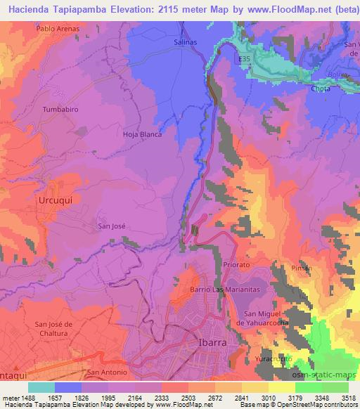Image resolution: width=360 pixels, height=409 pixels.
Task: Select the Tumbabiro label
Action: (x=58, y=110)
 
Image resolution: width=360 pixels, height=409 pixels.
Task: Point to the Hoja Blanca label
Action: (x=142, y=134)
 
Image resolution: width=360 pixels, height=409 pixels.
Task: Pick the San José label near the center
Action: (x=111, y=226)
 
